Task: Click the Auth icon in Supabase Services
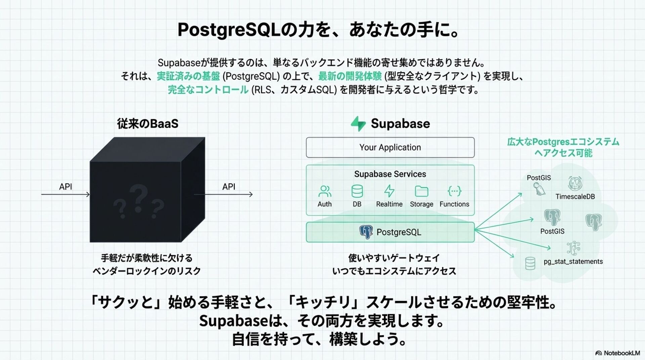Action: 325,191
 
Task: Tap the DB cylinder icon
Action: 357,191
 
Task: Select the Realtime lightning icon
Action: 389,191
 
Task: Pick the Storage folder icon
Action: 421,191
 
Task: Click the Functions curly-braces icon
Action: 454,191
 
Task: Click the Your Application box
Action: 390,147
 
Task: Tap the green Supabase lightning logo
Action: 358,124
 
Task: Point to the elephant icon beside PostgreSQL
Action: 366,232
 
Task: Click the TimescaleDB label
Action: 575,197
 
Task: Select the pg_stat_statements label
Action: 573,262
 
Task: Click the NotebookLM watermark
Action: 618,353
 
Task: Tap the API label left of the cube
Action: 66,187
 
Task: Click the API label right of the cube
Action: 229,187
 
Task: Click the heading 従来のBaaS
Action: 147,124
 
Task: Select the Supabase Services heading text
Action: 390,174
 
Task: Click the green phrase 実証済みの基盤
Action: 188,76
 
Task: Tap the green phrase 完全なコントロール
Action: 208,90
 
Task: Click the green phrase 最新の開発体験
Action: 350,76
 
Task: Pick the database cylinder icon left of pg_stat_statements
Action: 530,263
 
